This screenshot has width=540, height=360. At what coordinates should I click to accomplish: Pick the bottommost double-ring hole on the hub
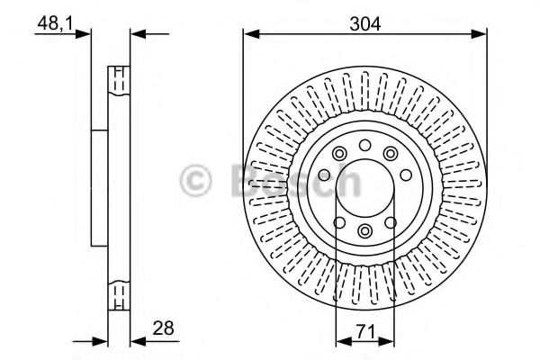point(364,232)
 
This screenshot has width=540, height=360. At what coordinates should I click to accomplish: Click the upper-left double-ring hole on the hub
point(338,155)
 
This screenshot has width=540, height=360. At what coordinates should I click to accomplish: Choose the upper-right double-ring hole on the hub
point(391,155)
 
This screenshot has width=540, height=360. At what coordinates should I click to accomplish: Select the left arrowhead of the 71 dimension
point(341,341)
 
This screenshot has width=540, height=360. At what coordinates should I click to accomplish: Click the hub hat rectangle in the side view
point(100,187)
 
